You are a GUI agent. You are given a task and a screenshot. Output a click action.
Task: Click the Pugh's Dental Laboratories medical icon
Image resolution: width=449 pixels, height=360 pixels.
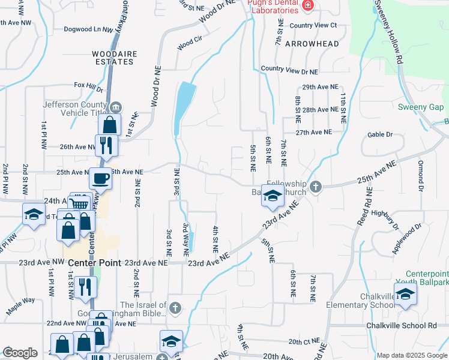pyautogui.click(x=308, y=5)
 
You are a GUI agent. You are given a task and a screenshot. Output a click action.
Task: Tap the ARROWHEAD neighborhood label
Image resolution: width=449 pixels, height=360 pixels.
pyautogui.click(x=312, y=44)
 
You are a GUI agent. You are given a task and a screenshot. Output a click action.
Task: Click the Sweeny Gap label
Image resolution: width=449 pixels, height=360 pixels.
pyautogui.click(x=421, y=107)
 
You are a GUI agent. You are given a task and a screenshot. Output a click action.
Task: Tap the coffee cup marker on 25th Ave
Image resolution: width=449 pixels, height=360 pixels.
pyautogui.click(x=100, y=178)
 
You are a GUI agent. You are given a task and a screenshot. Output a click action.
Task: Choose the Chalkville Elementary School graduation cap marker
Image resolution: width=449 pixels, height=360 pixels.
pyautogui.click(x=405, y=295)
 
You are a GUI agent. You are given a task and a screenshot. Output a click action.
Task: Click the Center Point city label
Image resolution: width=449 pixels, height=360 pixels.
pyautogui.click(x=94, y=263)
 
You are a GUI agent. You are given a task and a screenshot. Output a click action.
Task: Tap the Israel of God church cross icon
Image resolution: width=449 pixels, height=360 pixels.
pyautogui.click(x=174, y=308)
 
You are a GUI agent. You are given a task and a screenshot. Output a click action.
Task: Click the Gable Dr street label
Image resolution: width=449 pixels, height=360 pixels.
pyautogui.click(x=381, y=135)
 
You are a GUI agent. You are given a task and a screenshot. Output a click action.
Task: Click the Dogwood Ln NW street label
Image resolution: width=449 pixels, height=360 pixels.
pyautogui.click(x=89, y=29)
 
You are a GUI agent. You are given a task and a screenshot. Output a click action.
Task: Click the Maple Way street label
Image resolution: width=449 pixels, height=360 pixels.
pyautogui.click(x=21, y=306)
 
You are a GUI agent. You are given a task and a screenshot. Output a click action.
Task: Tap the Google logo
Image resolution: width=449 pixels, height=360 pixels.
pyautogui.click(x=20, y=353)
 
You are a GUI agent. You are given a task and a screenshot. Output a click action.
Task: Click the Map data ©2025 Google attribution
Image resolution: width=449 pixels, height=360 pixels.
pyautogui.click(x=412, y=355)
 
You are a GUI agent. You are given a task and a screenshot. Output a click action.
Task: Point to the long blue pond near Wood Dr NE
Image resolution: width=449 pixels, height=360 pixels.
pyautogui.click(x=183, y=105)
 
